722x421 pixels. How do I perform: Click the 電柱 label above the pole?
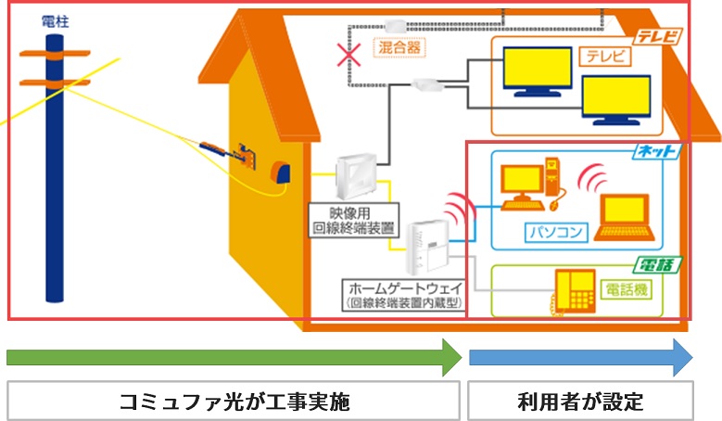pyautogui.click(x=55, y=19)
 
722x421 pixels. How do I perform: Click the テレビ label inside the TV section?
pyautogui.click(x=604, y=57)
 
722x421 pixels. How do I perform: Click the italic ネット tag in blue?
pyautogui.click(x=657, y=150)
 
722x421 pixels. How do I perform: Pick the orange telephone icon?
pyautogui.click(x=575, y=291)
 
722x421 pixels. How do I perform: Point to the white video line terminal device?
pyautogui.click(x=358, y=176)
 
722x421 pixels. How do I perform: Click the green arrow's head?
pyautogui.click(x=452, y=357)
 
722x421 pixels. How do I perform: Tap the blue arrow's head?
pyautogui.click(x=682, y=357)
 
